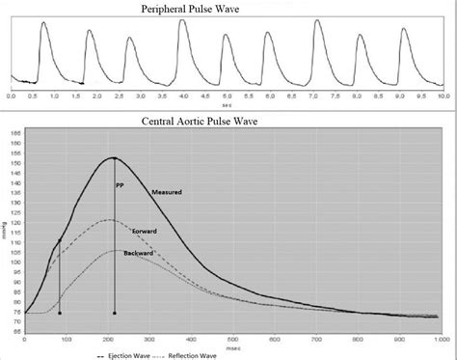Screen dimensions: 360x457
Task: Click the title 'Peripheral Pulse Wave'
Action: point(228,8)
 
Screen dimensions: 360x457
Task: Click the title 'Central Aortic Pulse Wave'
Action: point(228,121)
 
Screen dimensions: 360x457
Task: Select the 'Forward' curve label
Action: point(170,233)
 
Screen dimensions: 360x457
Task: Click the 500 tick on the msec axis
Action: point(232,338)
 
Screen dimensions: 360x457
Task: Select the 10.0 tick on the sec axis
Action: point(441,97)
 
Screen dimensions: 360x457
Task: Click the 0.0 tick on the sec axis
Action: point(12,97)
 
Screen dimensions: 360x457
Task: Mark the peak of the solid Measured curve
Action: point(114,157)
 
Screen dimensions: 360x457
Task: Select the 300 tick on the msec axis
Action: point(149,338)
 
